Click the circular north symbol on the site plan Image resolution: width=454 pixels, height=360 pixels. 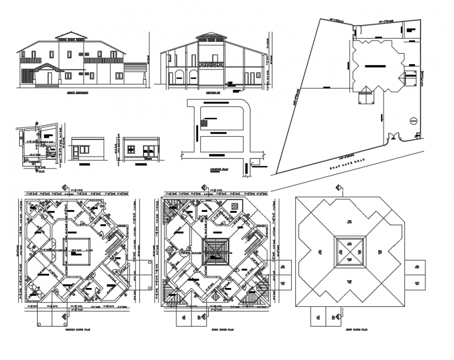click(412, 121)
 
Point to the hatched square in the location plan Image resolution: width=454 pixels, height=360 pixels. click(204, 123)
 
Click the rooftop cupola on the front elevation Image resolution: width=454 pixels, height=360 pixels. click(71, 35)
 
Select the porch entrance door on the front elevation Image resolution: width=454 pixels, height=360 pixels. click(50, 78)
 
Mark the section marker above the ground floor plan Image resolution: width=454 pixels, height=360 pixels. click(64, 188)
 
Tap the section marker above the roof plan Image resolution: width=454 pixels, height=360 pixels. click(338, 188)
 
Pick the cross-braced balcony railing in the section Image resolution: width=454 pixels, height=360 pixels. click(211, 64)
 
